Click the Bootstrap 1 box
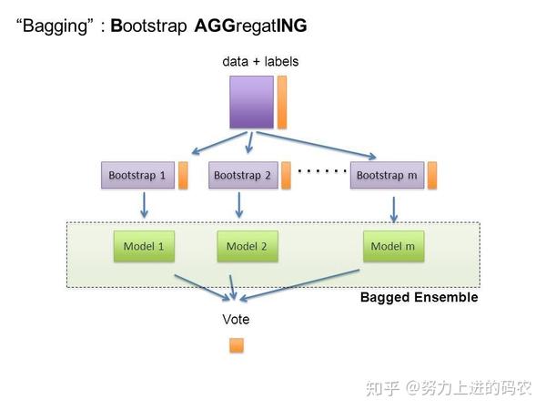(136, 175)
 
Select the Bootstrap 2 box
(242, 175)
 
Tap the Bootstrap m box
(386, 175)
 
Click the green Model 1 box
(144, 246)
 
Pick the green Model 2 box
(246, 246)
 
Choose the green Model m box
(393, 246)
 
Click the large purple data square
(251, 102)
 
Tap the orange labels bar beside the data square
(282, 102)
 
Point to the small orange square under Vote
(237, 345)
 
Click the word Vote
(236, 320)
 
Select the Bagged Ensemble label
(419, 298)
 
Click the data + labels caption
(260, 62)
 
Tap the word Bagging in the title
(56, 26)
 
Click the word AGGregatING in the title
(251, 26)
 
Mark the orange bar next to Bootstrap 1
(183, 175)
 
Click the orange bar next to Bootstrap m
(432, 175)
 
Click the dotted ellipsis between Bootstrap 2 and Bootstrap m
(323, 170)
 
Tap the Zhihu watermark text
(448, 388)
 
